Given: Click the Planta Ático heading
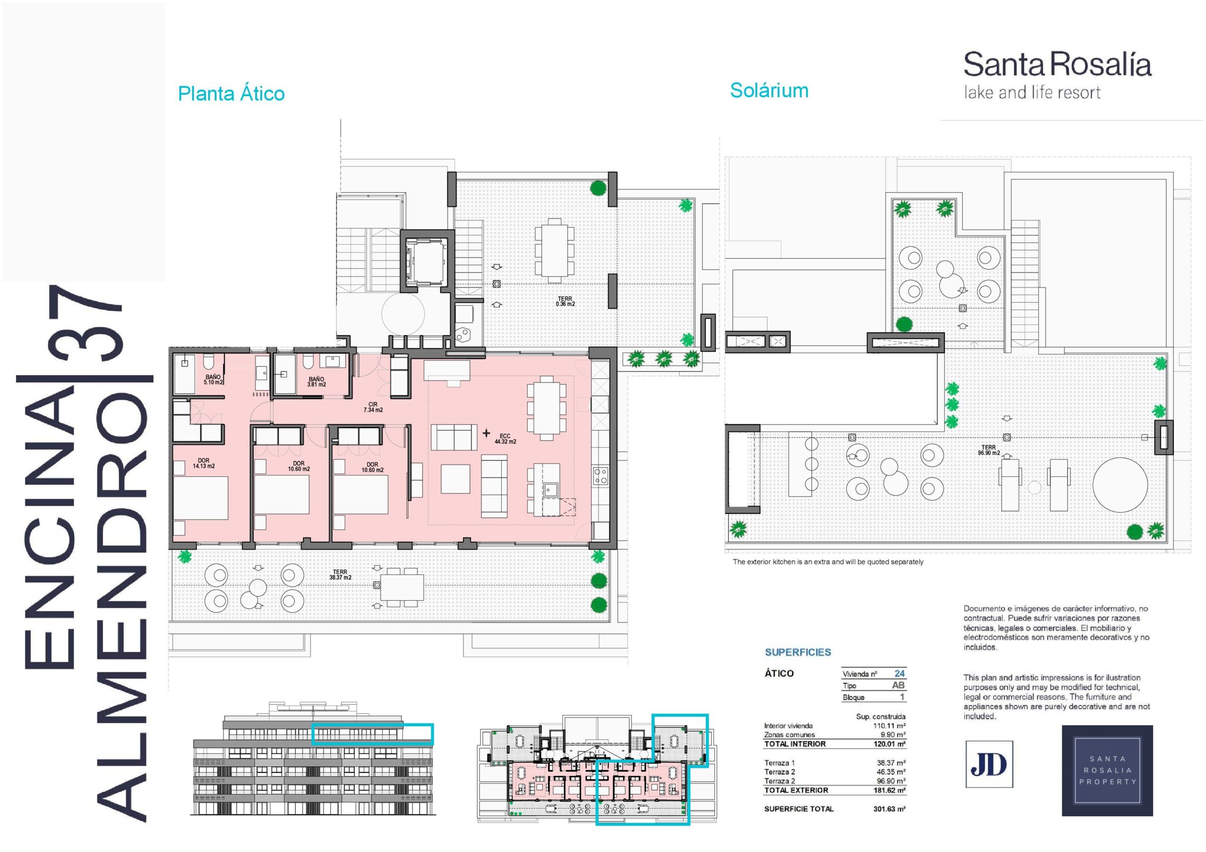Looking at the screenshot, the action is [231, 94].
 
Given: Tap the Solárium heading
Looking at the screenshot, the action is [769, 90].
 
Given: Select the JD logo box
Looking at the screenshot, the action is [989, 764].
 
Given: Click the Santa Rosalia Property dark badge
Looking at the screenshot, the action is [1107, 771].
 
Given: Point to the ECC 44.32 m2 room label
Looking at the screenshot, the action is [505, 439].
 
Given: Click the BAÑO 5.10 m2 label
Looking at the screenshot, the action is [213, 379].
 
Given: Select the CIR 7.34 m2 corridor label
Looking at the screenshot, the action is [373, 407].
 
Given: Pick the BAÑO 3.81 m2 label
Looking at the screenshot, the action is [316, 382].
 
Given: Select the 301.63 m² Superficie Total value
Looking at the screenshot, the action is [889, 809].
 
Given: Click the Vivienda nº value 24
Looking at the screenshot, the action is [899, 674].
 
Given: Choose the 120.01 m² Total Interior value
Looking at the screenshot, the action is [889, 744].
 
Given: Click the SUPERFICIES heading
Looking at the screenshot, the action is [798, 652].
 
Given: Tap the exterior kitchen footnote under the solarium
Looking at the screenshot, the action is [828, 562].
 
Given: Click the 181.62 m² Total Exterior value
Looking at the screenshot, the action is [889, 790].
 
